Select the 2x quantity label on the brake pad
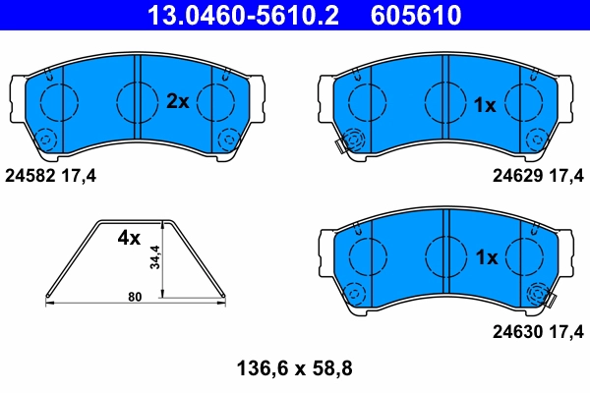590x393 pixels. pyautogui.click(x=177, y=100)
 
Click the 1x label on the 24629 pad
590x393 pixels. pyautogui.click(x=485, y=104)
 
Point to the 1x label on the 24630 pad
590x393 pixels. pyautogui.click(x=486, y=257)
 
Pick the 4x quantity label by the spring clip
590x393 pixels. pyautogui.click(x=130, y=238)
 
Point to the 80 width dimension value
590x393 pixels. pyautogui.click(x=135, y=295)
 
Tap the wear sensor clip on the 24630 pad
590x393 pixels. pyautogui.click(x=541, y=294)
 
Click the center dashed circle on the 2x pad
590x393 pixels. pyautogui.click(x=135, y=98)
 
